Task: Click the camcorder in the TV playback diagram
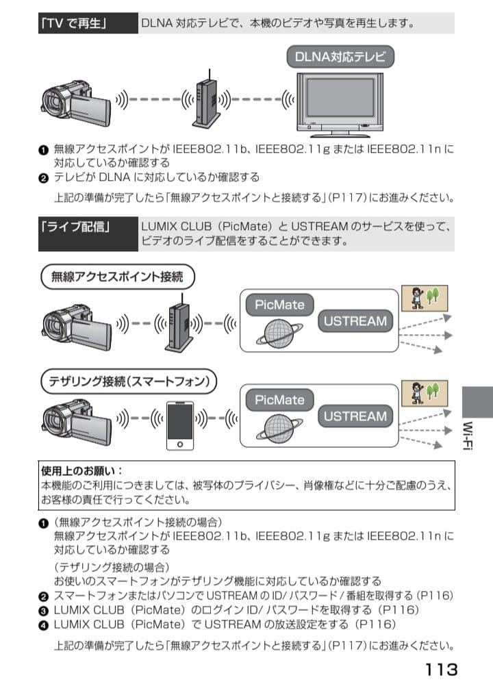click(75, 103)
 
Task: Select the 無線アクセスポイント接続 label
click(118, 277)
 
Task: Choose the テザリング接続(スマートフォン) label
click(129, 380)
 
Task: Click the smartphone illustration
click(181, 425)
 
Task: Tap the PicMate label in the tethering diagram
click(279, 399)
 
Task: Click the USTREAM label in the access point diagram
click(355, 320)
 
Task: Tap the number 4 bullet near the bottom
click(44, 624)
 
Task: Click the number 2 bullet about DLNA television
click(44, 178)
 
